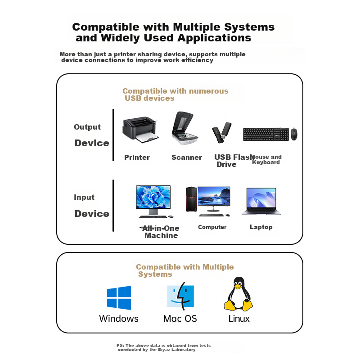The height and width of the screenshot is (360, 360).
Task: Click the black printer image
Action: tap(140, 130)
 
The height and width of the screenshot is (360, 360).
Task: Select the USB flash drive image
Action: tap(222, 133)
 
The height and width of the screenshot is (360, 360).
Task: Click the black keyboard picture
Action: tap(265, 135)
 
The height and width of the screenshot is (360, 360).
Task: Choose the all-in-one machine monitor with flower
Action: tap(153, 200)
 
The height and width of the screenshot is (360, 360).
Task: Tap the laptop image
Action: tap(261, 202)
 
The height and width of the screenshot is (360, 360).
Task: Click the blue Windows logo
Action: tap(119, 297)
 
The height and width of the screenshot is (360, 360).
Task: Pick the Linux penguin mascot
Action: tap(238, 295)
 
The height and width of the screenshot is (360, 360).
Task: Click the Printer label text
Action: tap(137, 157)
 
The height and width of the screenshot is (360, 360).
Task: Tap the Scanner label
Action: tap(187, 157)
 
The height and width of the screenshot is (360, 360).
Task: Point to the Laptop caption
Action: tap(261, 227)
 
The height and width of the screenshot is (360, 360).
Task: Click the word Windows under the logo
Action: tap(119, 319)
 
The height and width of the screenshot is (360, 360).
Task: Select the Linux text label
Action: tap(239, 319)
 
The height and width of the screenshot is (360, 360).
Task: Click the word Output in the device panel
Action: tap(87, 127)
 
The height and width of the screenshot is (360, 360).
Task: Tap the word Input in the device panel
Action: tap(84, 197)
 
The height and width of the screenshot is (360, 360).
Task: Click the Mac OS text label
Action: tap(180, 319)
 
